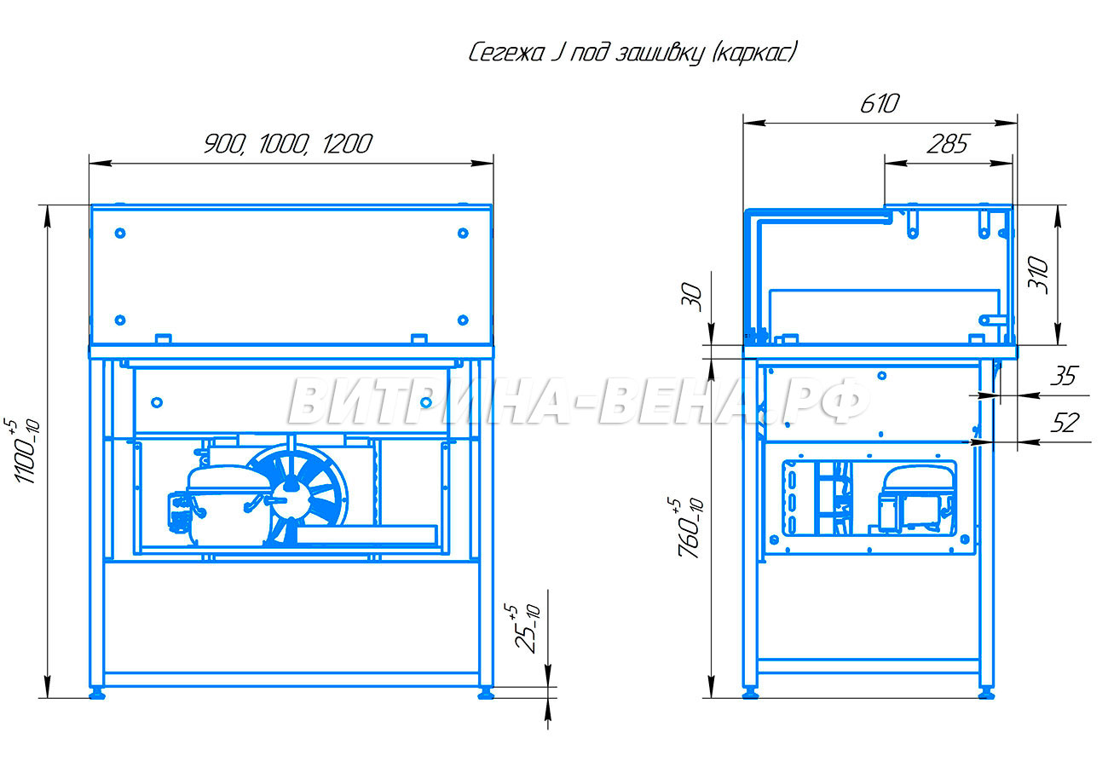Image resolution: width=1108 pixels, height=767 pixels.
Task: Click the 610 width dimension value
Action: (x=879, y=104)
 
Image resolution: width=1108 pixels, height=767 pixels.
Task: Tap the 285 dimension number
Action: (x=947, y=144)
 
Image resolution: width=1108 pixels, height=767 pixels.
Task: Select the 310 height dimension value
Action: (x=1038, y=275)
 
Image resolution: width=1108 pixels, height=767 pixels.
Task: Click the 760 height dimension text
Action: (x=690, y=528)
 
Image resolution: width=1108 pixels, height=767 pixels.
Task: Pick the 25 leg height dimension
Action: (x=527, y=628)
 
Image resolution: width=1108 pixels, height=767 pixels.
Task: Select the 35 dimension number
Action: (x=1064, y=377)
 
